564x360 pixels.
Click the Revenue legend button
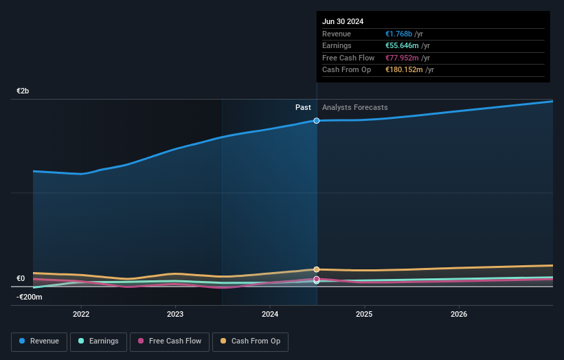pos(40,341)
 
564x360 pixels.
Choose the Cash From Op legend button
pos(250,341)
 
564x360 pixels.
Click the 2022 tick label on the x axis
pos(81,314)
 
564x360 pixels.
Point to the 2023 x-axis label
pos(175,314)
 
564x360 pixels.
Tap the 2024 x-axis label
pos(270,314)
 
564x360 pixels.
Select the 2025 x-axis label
pos(364,314)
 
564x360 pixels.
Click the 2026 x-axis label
pos(459,314)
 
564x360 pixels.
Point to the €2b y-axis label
pos(23,91)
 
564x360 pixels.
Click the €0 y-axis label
pos(21,279)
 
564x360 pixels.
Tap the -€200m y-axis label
pos(30,297)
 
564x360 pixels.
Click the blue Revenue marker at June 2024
pos(317,121)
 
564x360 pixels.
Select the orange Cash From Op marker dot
pos(317,269)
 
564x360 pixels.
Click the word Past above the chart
pos(303,108)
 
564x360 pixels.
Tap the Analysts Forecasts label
pos(354,108)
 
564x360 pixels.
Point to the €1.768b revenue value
pos(399,34)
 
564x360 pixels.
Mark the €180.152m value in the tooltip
pos(405,69)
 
